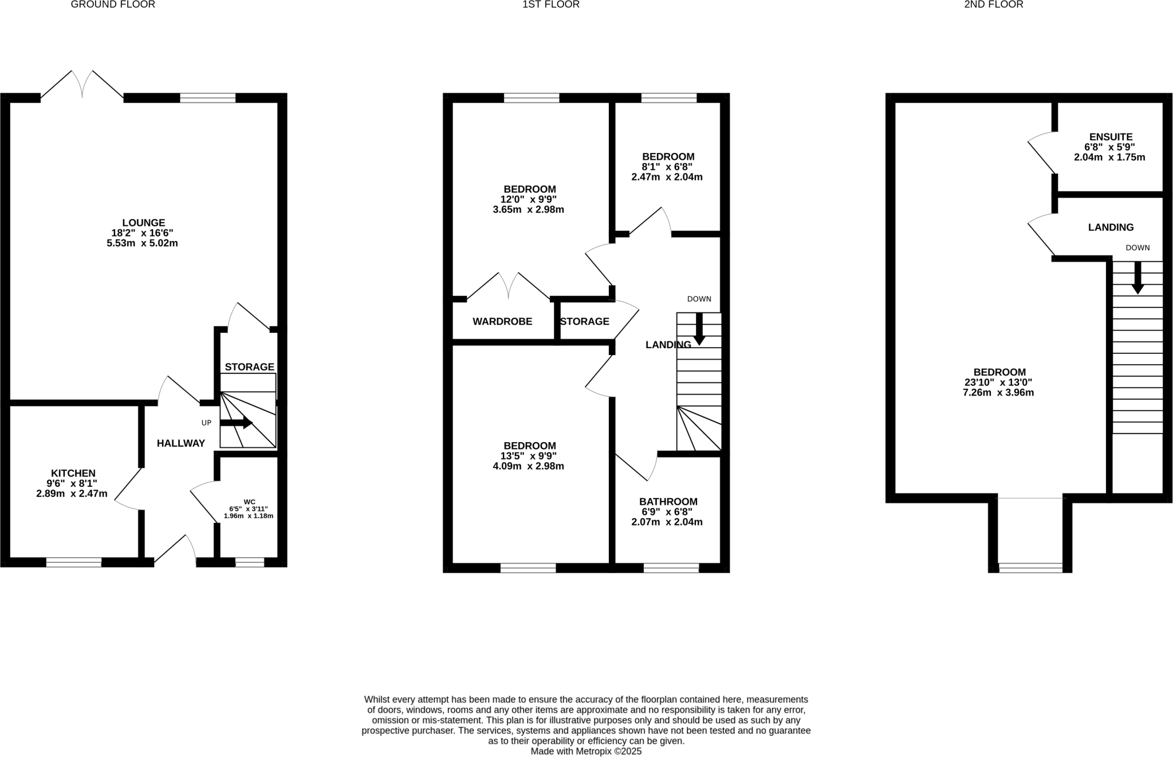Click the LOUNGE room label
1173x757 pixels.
(143, 223)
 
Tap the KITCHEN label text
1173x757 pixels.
(73, 473)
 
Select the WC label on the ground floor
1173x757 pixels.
(249, 502)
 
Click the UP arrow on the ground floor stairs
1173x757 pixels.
(236, 423)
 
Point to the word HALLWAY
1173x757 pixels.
(181, 443)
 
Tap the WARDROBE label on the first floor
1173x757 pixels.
(502, 321)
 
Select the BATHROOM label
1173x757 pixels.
(668, 502)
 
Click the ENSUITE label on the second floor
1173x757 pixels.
(1111, 137)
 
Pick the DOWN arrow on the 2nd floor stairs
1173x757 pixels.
(1137, 278)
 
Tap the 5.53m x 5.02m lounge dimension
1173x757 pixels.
(142, 243)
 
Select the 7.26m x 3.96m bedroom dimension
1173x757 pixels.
(998, 393)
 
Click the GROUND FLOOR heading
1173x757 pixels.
(113, 5)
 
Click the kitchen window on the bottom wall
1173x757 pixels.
(74, 562)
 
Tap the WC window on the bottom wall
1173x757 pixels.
(250, 562)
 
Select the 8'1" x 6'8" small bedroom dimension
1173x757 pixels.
(667, 167)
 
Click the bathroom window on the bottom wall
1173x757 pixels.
(671, 568)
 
